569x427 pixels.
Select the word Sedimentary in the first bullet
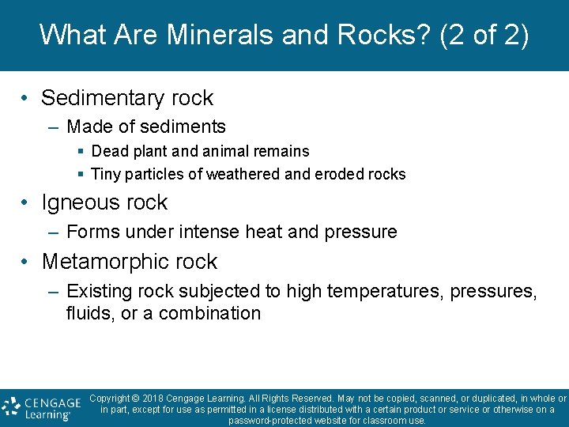point(102,98)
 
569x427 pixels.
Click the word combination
point(209,313)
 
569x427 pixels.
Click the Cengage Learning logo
point(42,407)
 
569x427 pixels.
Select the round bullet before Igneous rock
point(26,203)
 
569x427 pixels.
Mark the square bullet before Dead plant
point(81,151)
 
